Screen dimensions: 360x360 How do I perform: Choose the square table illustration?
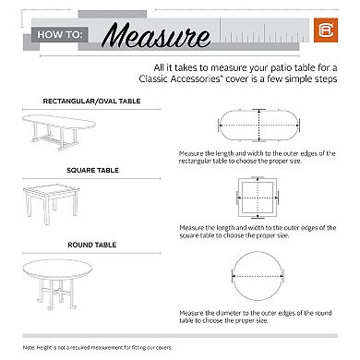pos(60,208)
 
